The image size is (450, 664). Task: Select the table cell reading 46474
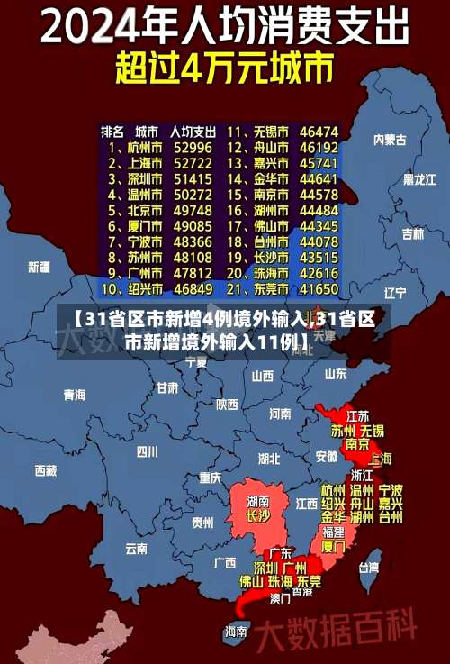319,132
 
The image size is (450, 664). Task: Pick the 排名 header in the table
112,132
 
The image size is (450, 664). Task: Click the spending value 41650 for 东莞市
319,290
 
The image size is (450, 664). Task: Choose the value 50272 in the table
193,195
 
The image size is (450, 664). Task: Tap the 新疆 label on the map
39,267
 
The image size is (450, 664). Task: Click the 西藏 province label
45,470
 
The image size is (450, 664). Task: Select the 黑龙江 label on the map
418,179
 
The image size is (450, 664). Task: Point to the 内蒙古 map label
390,140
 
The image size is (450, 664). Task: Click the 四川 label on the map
147,451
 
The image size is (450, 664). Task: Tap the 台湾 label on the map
369,568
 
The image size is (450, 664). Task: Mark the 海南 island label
236,631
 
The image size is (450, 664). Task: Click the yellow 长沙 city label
258,516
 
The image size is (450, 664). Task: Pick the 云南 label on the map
136,548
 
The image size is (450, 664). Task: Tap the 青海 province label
75,395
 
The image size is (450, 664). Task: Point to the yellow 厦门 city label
333,545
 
